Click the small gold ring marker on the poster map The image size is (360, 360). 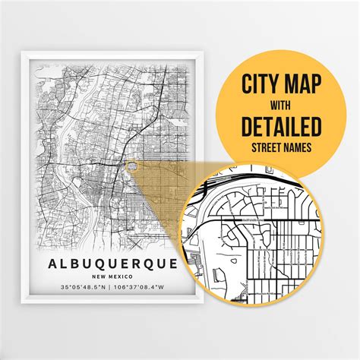pos(132,161)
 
